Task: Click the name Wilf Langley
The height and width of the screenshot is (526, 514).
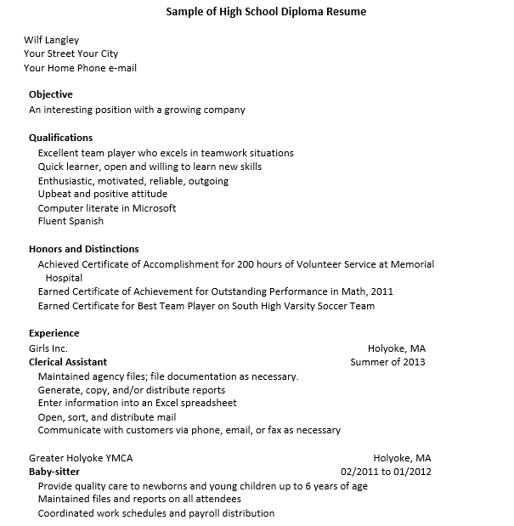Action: [51, 40]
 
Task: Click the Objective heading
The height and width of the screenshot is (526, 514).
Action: [51, 94]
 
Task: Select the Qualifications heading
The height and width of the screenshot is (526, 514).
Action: [61, 138]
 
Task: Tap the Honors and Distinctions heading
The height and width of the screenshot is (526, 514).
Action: [84, 249]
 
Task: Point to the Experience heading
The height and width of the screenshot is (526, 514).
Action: [54, 333]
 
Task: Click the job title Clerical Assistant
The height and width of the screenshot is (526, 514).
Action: [68, 362]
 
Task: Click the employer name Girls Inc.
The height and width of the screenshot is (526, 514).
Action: [48, 348]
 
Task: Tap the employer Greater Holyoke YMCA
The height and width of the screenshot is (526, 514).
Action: [81, 458]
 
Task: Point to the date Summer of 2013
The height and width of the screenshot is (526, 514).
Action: [388, 362]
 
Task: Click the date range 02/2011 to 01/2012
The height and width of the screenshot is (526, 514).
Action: [386, 472]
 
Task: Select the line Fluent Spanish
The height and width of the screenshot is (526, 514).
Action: [71, 221]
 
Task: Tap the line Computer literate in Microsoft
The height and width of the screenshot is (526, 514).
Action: [107, 207]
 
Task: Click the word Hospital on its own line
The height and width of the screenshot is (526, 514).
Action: [64, 278]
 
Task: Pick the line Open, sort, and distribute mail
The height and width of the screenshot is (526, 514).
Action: [107, 417]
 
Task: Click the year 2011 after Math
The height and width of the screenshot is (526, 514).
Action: [382, 291]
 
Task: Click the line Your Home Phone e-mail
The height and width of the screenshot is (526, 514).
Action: [80, 68]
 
